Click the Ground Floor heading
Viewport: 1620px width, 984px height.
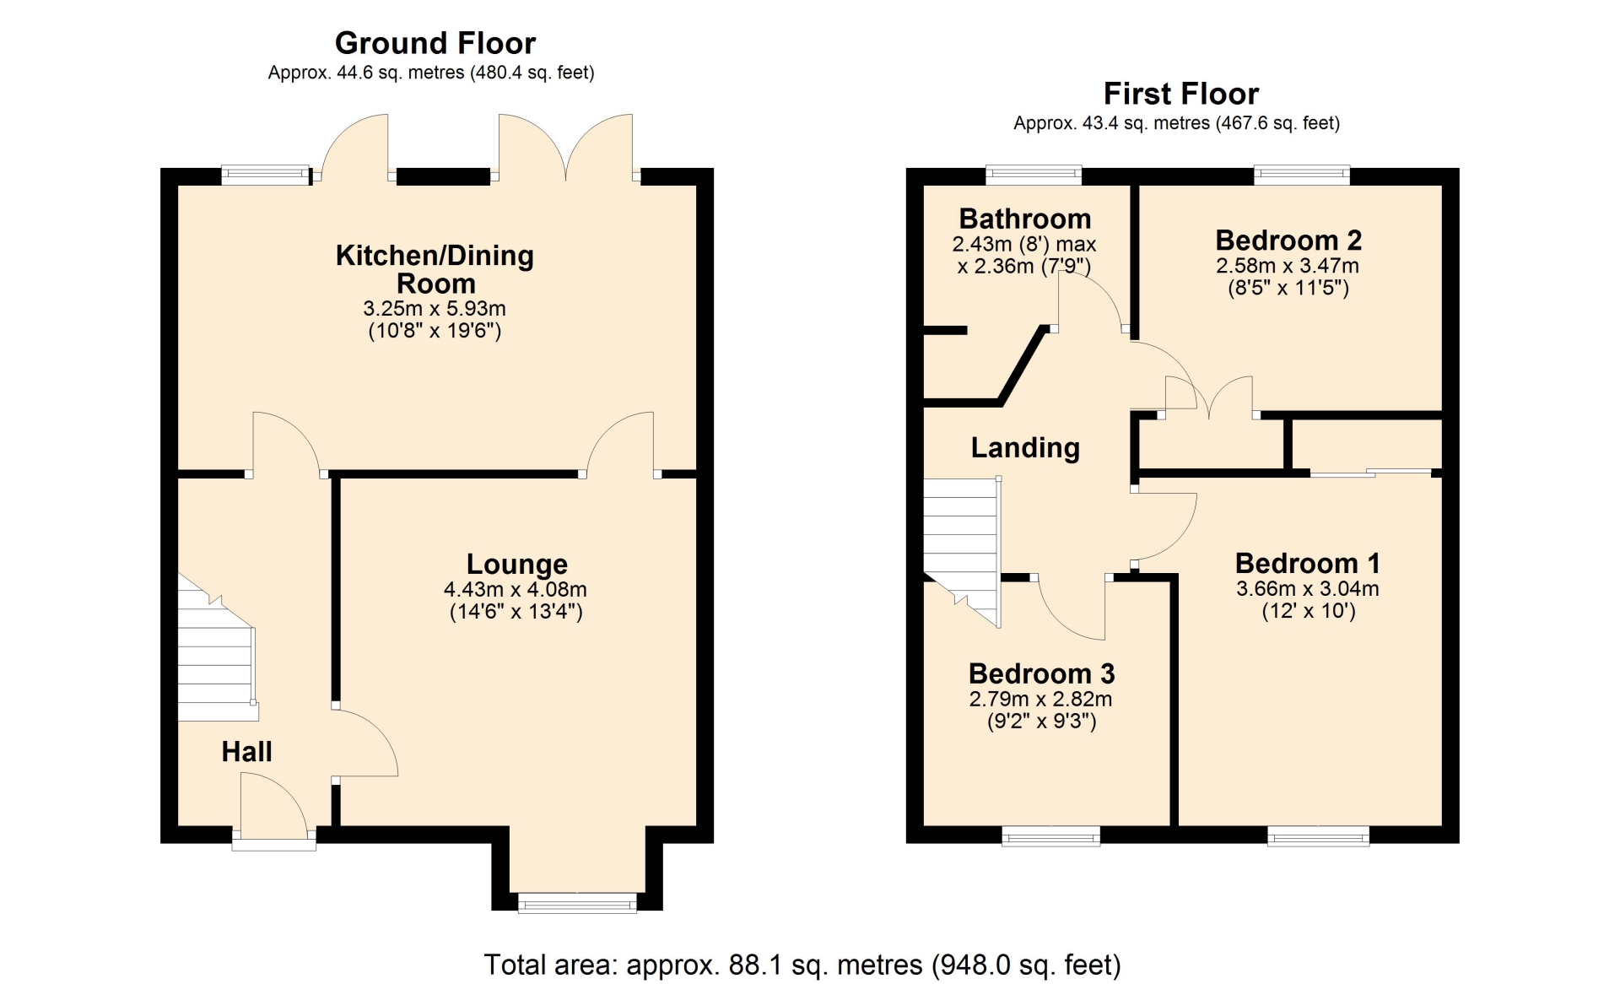tap(435, 43)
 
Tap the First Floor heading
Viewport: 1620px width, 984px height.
tap(1180, 93)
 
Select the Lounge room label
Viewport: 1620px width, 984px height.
tap(516, 564)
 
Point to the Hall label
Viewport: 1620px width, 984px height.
tap(246, 751)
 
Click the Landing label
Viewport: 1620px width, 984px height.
tap(1025, 447)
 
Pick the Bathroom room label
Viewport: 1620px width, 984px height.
tap(1025, 219)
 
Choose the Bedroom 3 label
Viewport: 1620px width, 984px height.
tap(1041, 673)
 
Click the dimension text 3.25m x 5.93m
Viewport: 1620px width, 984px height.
tap(435, 309)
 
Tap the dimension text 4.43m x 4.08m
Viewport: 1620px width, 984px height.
tap(516, 590)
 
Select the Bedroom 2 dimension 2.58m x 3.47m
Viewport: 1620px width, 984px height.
tap(1287, 266)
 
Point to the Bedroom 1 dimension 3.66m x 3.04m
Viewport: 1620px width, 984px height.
tap(1308, 589)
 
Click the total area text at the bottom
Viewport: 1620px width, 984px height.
tap(802, 965)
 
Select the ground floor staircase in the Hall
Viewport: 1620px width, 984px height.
tap(217, 650)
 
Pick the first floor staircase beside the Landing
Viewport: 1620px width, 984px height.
tap(962, 549)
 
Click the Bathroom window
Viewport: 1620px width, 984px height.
tap(1034, 176)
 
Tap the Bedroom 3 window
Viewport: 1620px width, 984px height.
tap(1050, 835)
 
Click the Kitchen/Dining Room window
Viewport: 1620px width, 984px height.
tap(266, 176)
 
